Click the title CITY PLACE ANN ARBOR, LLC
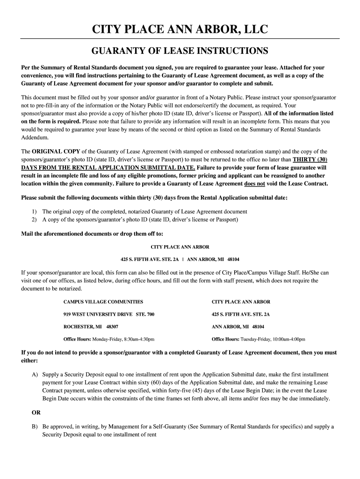pyautogui.click(x=180, y=30)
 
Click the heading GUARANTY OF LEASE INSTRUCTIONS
pyautogui.click(x=180, y=51)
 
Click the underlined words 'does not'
pyautogui.click(x=254, y=183)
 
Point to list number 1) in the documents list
pyautogui.click(x=35, y=211)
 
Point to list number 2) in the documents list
pyautogui.click(x=35, y=219)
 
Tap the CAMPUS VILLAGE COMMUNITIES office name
pyautogui.click(x=103, y=302)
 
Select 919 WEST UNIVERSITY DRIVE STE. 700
pyautogui.click(x=108, y=314)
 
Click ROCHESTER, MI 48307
pyautogui.click(x=91, y=327)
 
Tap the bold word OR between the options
pyautogui.click(x=36, y=413)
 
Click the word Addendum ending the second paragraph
pyautogui.click(x=35, y=138)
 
